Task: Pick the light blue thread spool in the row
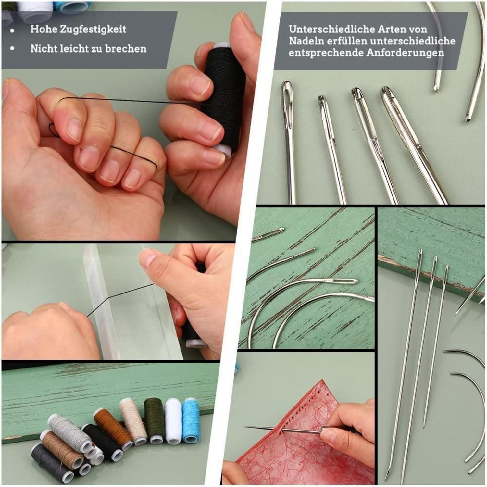point(191,421)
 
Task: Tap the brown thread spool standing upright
point(113,429)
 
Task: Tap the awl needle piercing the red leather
point(286,430)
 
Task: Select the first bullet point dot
point(13,31)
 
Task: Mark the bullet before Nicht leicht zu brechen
point(13,48)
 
